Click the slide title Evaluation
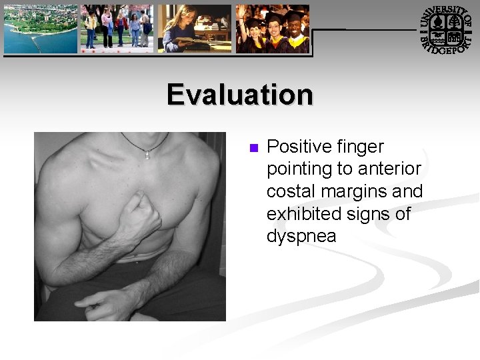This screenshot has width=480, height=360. click(x=240, y=94)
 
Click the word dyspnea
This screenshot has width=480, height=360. click(x=301, y=237)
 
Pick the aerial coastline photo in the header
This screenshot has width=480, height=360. click(x=40, y=28)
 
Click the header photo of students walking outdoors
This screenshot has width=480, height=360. click(x=117, y=28)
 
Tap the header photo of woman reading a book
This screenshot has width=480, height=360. click(x=195, y=28)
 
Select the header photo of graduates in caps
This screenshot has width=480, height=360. click(x=273, y=28)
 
